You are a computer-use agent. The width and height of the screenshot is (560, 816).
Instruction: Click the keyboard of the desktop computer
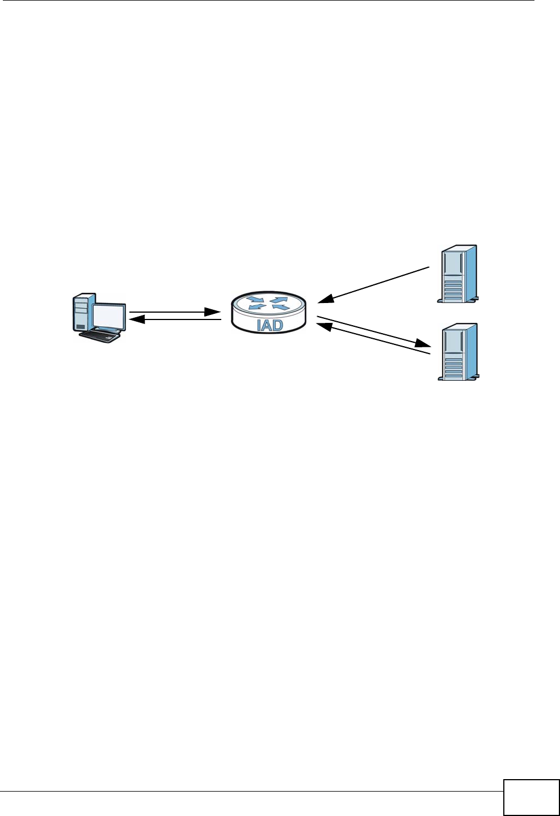pyautogui.click(x=100, y=336)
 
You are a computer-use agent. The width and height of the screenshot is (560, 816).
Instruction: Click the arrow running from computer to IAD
pyautogui.click(x=175, y=312)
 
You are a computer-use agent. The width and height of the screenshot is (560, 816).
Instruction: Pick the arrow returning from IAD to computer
pyautogui.click(x=175, y=321)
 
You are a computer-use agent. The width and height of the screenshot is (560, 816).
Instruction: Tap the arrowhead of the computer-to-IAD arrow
pyautogui.click(x=213, y=312)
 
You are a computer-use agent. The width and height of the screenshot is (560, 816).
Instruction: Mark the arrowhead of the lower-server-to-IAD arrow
pyautogui.click(x=323, y=326)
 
